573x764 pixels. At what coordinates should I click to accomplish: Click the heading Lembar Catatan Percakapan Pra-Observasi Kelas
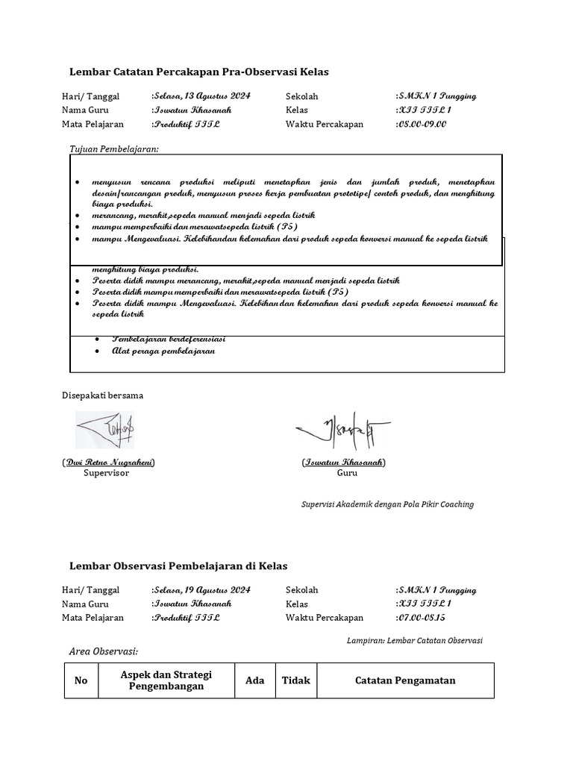198,72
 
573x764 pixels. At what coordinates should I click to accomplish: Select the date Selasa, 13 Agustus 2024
202,96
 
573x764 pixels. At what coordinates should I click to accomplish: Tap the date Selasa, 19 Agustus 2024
202,589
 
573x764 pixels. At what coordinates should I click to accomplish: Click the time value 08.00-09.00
422,125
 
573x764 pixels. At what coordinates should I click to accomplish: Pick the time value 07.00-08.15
422,618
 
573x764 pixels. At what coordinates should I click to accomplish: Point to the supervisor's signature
104,430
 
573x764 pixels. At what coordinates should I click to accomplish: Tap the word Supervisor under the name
106,474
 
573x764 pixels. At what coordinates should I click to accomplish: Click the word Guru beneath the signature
347,474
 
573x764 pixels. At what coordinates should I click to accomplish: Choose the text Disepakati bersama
102,395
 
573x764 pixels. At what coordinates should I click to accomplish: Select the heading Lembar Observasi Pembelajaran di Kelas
178,566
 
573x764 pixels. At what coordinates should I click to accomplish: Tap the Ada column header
254,680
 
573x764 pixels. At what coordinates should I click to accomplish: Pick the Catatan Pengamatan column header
405,680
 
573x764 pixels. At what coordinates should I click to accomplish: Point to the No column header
81,680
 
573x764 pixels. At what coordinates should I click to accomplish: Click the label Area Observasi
104,653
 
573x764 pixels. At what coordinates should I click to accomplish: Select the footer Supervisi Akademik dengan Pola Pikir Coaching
387,504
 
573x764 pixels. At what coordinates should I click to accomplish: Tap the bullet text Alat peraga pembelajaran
163,351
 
